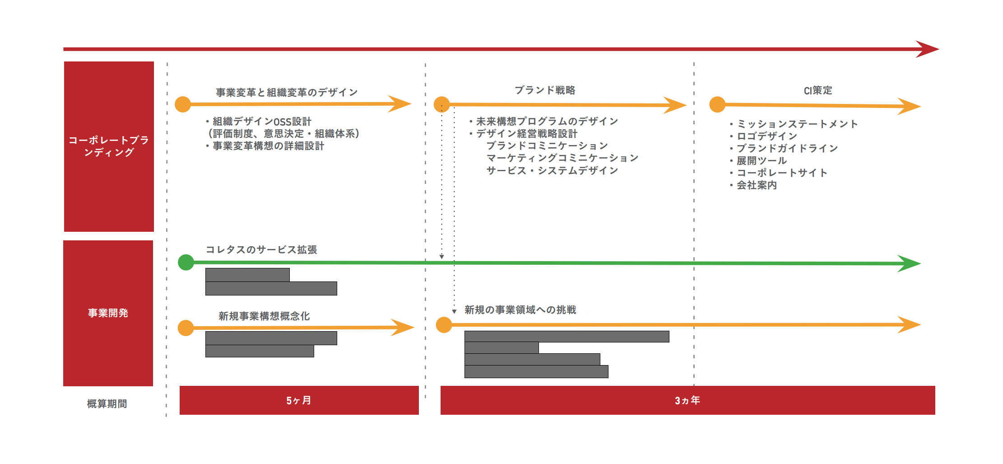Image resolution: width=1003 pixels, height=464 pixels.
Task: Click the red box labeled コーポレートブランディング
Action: [x=109, y=146]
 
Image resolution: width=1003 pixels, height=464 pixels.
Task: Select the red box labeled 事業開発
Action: [x=108, y=313]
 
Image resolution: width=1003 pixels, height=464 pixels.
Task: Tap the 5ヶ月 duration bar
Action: [x=299, y=400]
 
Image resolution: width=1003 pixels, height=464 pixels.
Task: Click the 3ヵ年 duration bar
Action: [x=687, y=400]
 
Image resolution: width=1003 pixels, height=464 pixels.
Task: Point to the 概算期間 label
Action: [x=107, y=403]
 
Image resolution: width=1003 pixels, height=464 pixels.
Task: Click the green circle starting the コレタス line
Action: [x=186, y=262]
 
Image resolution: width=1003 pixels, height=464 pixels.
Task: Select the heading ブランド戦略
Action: [x=545, y=90]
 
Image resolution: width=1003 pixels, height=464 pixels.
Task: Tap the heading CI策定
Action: [x=818, y=90]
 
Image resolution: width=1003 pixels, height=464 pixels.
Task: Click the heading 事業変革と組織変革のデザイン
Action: [x=287, y=93]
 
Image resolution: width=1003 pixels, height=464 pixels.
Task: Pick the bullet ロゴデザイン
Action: [x=767, y=136]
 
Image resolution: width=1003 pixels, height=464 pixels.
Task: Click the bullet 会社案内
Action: [x=757, y=185]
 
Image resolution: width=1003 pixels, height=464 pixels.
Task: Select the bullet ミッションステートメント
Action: [x=797, y=124]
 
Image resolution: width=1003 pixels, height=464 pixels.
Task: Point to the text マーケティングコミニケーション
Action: [x=562, y=158]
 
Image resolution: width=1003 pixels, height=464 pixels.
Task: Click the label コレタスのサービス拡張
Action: [x=261, y=250]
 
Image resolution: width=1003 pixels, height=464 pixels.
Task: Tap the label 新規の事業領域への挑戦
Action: [x=520, y=310]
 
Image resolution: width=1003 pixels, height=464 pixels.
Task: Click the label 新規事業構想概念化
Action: [x=264, y=316]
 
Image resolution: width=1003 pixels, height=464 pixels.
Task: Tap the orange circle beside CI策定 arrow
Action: [x=717, y=104]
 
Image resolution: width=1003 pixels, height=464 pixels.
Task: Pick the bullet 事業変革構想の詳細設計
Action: [x=269, y=146]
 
